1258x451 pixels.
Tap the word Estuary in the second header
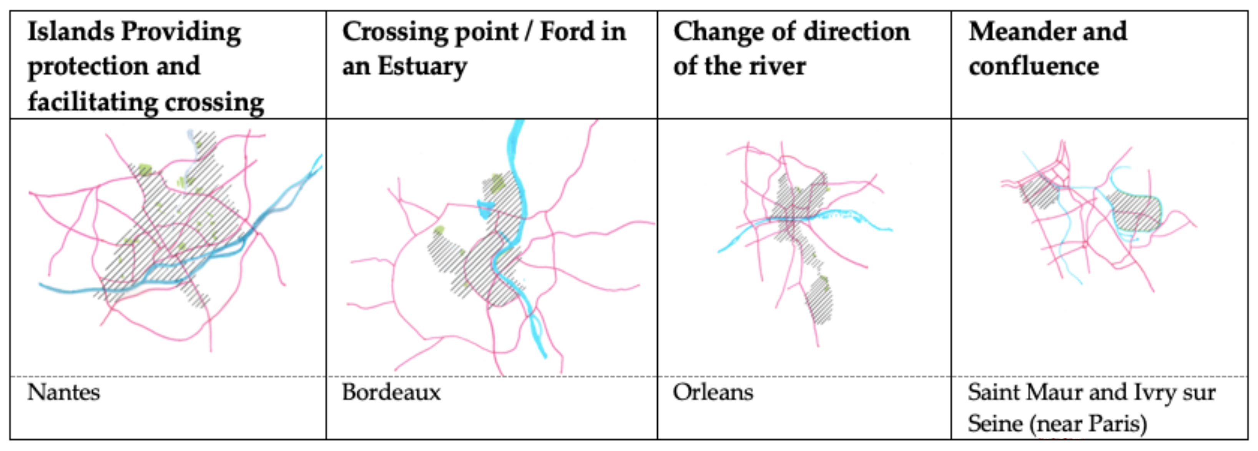point(422,67)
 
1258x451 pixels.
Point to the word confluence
point(1034,67)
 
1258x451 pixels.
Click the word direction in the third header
point(856,32)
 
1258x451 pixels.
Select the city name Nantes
point(63,392)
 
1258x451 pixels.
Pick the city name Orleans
point(713,392)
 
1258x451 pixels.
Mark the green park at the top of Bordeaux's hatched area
point(497,183)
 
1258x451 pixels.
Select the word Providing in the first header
point(181,33)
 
